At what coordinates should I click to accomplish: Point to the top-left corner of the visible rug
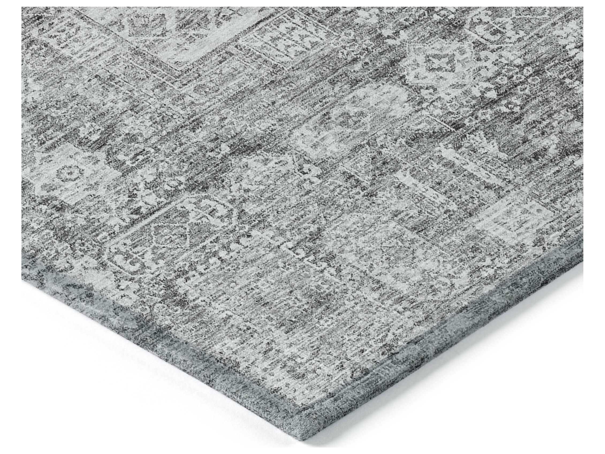22,8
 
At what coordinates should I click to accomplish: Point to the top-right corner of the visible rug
582,8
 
